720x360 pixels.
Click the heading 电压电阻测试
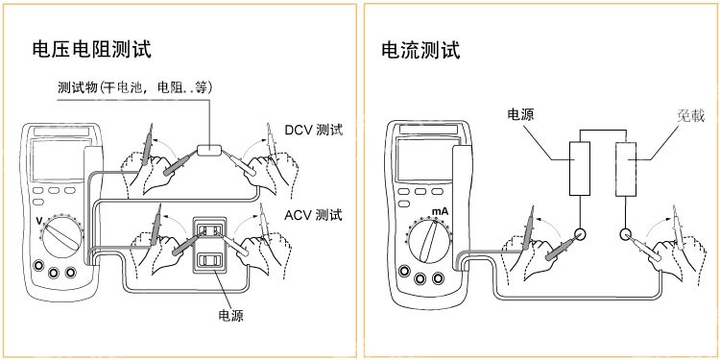point(92,50)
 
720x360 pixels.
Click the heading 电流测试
point(420,50)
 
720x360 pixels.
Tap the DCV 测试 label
point(314,130)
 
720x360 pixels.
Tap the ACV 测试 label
point(313,215)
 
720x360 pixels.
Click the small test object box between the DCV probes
point(209,150)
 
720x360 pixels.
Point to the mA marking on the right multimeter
point(440,212)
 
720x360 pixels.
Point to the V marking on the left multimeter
point(38,222)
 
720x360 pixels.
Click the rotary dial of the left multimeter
point(61,237)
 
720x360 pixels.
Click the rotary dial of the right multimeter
point(429,241)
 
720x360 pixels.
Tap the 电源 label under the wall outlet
point(230,316)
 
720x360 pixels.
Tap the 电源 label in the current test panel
point(520,114)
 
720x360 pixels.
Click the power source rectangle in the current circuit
point(580,169)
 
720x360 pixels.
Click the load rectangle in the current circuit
point(626,169)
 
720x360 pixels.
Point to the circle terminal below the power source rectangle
point(580,234)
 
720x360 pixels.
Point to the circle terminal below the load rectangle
point(626,234)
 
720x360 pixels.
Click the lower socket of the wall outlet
point(209,261)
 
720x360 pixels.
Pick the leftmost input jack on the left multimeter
point(38,265)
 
